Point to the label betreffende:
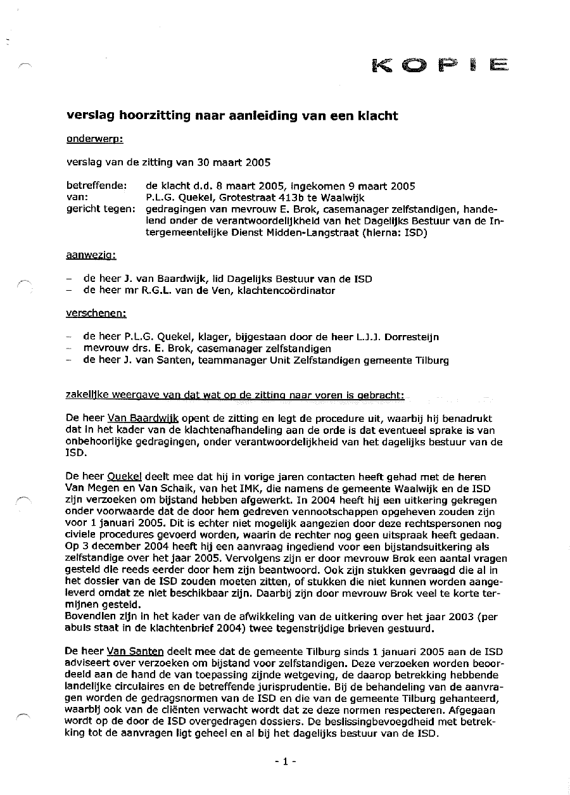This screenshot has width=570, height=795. click(97, 186)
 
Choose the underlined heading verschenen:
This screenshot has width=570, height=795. click(96, 313)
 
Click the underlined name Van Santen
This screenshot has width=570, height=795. click(136, 651)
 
